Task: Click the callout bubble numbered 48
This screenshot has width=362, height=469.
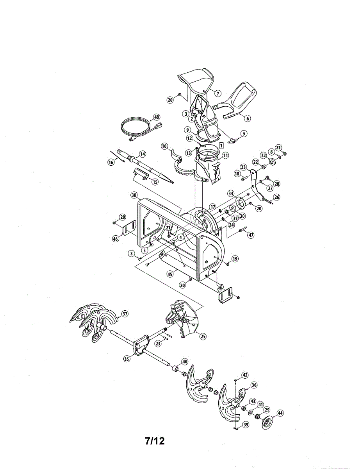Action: coord(157,117)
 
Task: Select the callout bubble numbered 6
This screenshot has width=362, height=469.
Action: coord(248,118)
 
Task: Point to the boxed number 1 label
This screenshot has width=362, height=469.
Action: coord(221,145)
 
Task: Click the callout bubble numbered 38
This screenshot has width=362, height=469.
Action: coord(134,195)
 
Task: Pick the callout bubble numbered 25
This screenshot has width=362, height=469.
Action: coord(203,336)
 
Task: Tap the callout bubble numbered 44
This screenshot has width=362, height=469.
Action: coord(280,413)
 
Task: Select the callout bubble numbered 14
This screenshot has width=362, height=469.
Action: coord(142,154)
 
